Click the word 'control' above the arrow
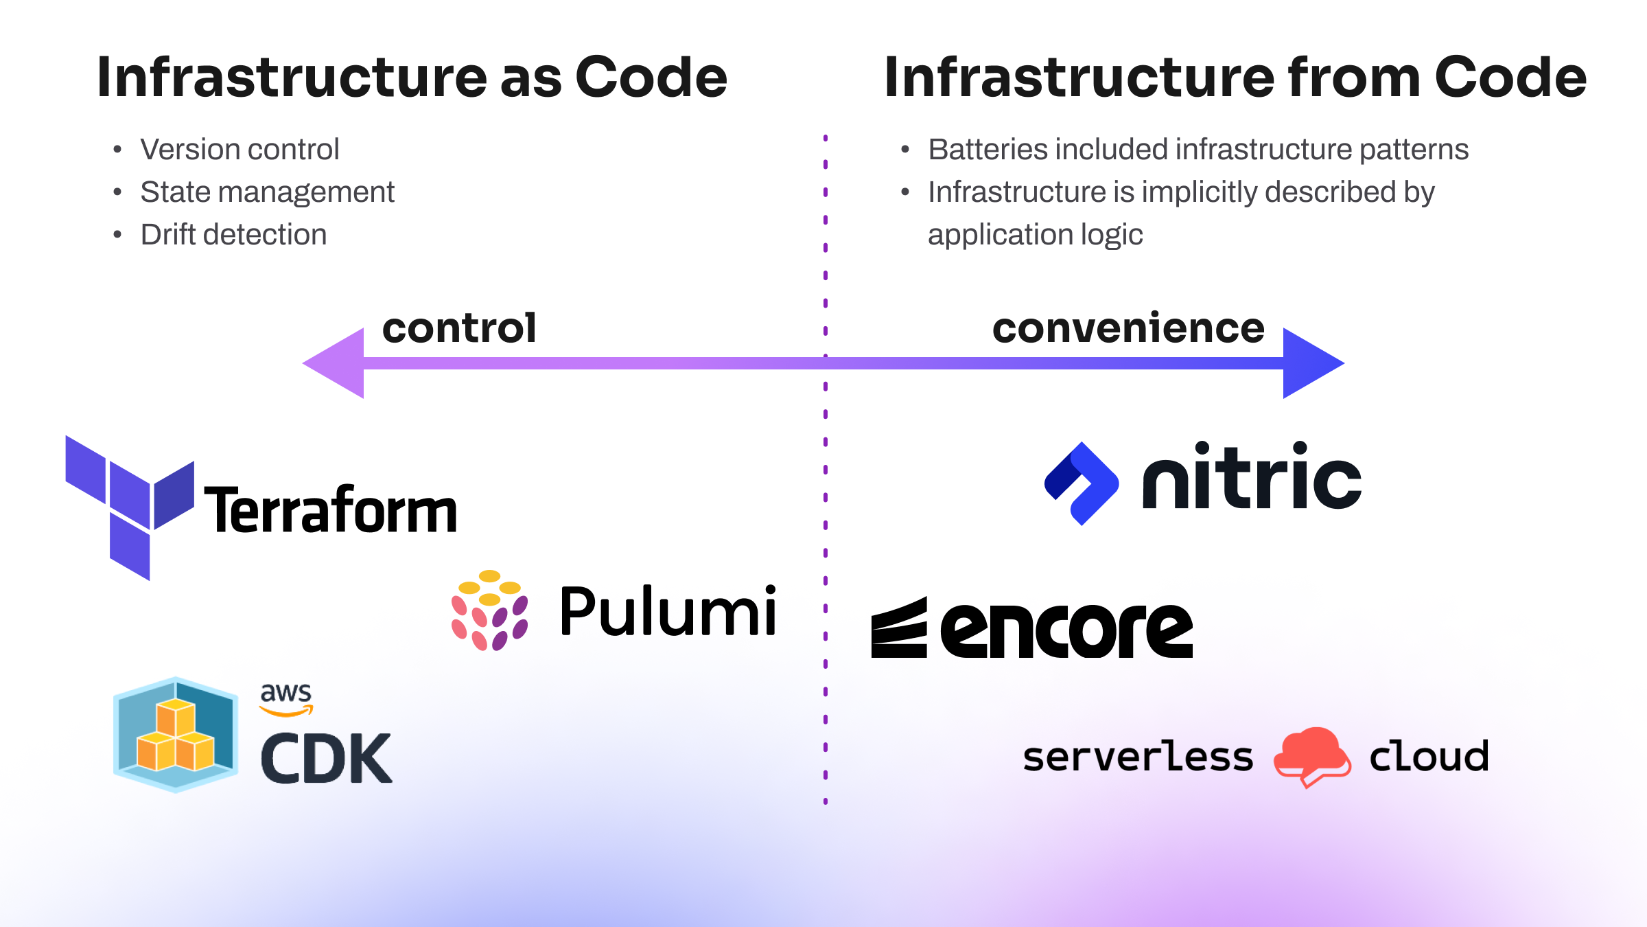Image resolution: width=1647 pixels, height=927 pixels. coord(459,328)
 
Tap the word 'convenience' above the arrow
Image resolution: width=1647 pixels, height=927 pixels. coord(1128,328)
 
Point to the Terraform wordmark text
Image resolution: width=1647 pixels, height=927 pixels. coord(331,511)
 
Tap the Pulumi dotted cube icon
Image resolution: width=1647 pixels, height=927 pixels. coord(489,610)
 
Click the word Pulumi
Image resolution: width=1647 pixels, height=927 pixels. coord(668,611)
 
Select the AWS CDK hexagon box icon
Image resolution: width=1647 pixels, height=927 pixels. coord(176,735)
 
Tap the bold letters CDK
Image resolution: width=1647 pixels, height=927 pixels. coord(326,759)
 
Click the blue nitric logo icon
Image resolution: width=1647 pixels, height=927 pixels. coord(1082,483)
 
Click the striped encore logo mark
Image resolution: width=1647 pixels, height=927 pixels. coord(899,628)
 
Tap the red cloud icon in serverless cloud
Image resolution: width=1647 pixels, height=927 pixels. coord(1311,756)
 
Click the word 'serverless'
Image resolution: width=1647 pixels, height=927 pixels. coord(1137,757)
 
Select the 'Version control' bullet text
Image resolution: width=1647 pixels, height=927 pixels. coord(240,150)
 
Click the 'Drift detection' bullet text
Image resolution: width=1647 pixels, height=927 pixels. coord(233,235)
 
